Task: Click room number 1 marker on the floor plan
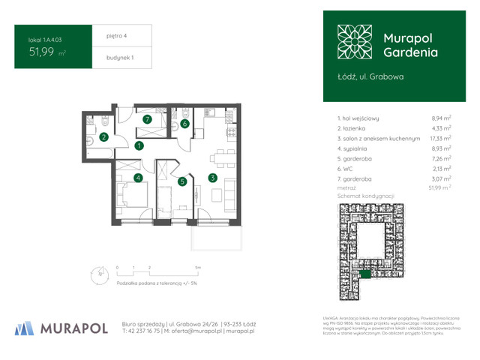[x=139, y=146]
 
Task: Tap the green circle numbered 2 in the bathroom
[x=104, y=136]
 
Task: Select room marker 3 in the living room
[x=213, y=178]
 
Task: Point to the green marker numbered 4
[x=138, y=178]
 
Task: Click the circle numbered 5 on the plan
[x=181, y=181]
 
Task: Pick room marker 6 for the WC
[x=184, y=124]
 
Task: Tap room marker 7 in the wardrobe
[x=148, y=118]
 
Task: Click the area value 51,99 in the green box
[x=44, y=52]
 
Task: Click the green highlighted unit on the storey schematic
[x=364, y=274]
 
